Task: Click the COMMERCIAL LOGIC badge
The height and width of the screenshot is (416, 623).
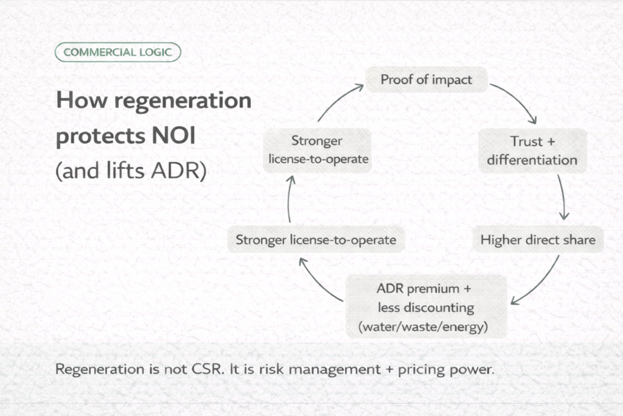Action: (117, 52)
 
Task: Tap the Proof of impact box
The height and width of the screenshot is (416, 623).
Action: (426, 80)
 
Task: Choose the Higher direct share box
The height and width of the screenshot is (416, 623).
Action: (538, 239)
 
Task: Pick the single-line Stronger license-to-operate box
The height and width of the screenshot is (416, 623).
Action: (316, 239)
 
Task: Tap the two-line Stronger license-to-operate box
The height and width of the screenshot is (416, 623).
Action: (316, 150)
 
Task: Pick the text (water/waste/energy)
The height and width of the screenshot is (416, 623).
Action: (425, 326)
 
